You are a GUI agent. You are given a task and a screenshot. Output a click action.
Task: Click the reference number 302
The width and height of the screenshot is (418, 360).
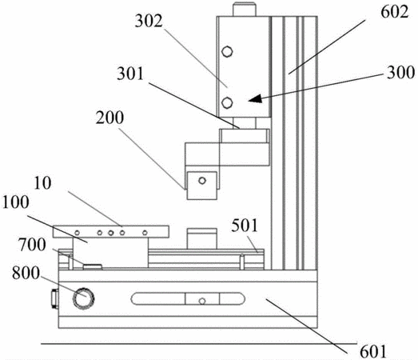[x=149, y=22]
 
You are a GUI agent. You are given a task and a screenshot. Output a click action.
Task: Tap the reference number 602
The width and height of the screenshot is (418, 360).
[x=395, y=12]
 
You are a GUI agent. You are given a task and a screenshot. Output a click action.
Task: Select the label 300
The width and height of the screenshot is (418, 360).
[x=400, y=72]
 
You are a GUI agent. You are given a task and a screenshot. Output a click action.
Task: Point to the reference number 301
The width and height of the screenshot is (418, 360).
[x=130, y=74]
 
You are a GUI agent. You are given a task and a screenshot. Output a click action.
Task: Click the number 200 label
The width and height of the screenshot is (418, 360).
[x=109, y=118]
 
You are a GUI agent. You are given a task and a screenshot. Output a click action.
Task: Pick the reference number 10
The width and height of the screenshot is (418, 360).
[x=42, y=183]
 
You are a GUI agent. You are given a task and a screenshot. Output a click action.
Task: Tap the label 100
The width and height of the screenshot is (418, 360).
[x=15, y=202]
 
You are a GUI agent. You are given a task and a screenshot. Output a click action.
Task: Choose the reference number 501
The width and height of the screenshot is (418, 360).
[x=245, y=226]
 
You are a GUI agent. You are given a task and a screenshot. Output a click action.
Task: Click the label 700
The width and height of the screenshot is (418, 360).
[x=32, y=245]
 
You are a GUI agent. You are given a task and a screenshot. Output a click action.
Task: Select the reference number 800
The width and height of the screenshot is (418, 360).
[x=26, y=273]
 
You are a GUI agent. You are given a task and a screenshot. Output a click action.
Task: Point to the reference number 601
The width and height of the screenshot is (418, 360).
[x=373, y=352]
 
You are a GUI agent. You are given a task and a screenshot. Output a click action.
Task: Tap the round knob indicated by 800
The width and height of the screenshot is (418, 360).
[x=84, y=298]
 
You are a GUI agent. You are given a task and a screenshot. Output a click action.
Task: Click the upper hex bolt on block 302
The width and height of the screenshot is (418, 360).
[x=227, y=51]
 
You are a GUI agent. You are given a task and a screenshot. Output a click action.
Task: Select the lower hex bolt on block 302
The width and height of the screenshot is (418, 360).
[x=227, y=102]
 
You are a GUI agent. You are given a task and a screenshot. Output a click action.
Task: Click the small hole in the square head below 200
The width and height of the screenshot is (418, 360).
[x=202, y=181]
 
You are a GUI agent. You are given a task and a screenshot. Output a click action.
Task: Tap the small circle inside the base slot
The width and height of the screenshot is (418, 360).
[x=202, y=302]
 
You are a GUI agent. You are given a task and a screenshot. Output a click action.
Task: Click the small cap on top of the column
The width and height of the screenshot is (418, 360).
[x=245, y=10]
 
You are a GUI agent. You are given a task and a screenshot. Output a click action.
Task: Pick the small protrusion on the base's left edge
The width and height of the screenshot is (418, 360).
[x=55, y=298]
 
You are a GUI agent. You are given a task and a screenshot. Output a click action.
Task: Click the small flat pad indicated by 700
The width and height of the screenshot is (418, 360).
[x=93, y=266]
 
